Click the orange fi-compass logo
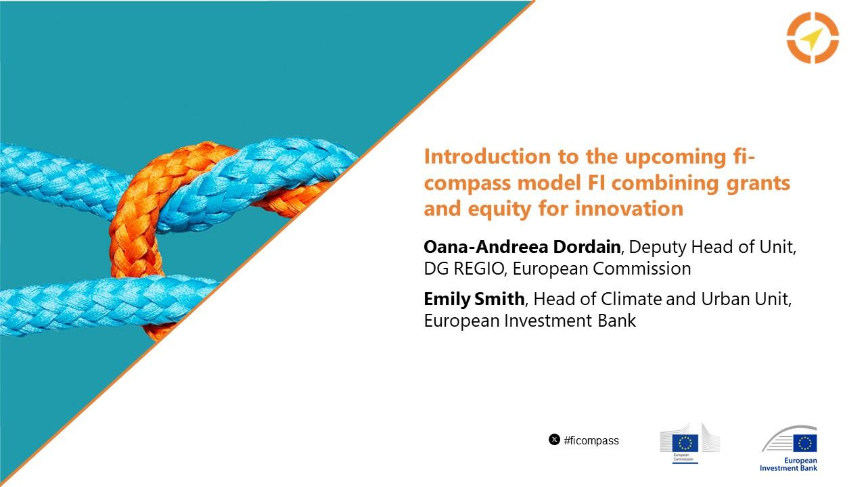(x=813, y=37)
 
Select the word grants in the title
(x=758, y=183)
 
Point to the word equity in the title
(x=499, y=210)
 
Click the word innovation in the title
(x=629, y=209)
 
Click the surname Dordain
(x=587, y=247)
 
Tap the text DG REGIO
(x=463, y=269)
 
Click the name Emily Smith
(x=474, y=299)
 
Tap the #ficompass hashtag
(x=591, y=440)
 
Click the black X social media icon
(x=554, y=440)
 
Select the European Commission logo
(x=689, y=443)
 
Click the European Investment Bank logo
(x=789, y=448)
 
